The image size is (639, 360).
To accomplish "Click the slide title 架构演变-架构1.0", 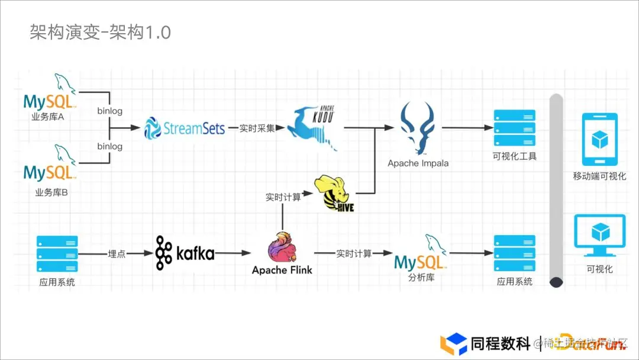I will tap(100, 33).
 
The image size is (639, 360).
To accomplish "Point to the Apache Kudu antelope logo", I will tap(315, 127).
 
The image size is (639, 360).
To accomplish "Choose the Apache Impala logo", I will tap(418, 128).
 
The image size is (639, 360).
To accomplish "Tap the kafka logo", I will tap(185, 253).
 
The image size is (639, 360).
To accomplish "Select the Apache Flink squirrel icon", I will tap(282, 247).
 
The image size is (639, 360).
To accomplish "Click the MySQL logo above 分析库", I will tap(421, 254).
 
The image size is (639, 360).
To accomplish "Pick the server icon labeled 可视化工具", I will tap(514, 128).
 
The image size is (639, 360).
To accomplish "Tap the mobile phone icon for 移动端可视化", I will tap(599, 139).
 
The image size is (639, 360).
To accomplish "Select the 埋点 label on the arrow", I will tap(116, 253).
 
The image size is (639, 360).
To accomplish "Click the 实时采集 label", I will tap(257, 127).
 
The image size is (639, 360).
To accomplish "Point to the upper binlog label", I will tap(109, 110).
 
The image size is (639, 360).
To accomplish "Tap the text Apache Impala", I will tap(418, 163).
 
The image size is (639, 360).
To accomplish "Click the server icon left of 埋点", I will tap(57, 253).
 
